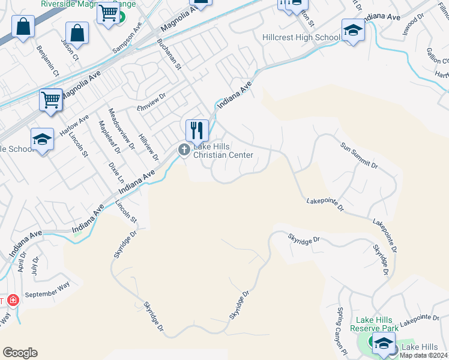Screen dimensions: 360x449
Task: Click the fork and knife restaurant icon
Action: (x=197, y=130)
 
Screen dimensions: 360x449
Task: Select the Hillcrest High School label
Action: (x=301, y=37)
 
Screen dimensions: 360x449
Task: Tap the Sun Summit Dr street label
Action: (x=359, y=155)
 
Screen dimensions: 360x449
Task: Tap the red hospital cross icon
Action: (x=13, y=300)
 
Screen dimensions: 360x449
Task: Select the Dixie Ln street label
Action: (x=116, y=172)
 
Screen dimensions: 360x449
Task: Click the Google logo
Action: (x=20, y=353)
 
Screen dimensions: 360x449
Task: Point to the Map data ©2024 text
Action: (x=423, y=355)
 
